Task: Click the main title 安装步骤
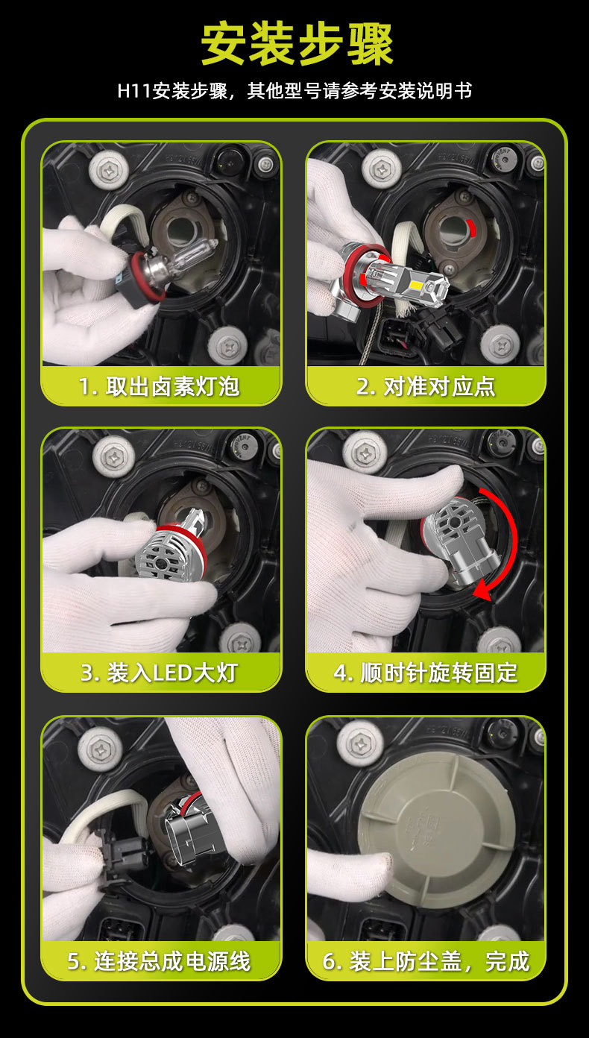[x=297, y=45]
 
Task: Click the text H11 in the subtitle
[x=134, y=91]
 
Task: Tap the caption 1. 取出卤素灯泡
[x=159, y=386]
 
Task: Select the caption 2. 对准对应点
[x=426, y=386]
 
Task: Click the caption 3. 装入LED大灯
[x=159, y=673]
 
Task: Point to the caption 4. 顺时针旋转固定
[x=426, y=673]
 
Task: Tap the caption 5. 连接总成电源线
[x=159, y=960]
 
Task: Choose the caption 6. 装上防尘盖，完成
[x=426, y=960]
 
